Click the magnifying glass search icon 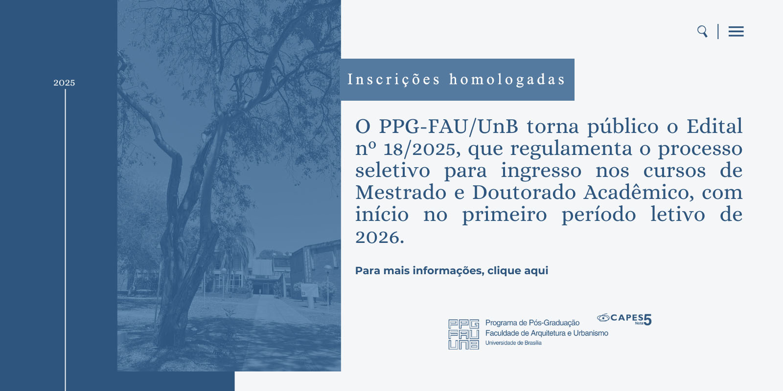click(x=702, y=31)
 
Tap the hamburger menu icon click(x=736, y=32)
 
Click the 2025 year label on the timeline click(x=64, y=83)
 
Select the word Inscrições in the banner click(x=394, y=79)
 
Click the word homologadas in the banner click(x=507, y=79)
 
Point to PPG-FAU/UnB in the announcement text click(x=448, y=127)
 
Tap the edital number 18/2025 click(x=422, y=149)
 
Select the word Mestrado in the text click(x=401, y=193)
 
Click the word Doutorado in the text click(x=524, y=193)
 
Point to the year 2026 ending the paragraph click(x=378, y=238)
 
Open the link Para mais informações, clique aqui click(x=451, y=271)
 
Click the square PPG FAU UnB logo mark click(x=463, y=334)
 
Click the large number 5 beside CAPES click(x=647, y=320)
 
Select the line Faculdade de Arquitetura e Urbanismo click(x=547, y=333)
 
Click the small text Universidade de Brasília click(x=513, y=343)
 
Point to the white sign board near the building click(x=309, y=290)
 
